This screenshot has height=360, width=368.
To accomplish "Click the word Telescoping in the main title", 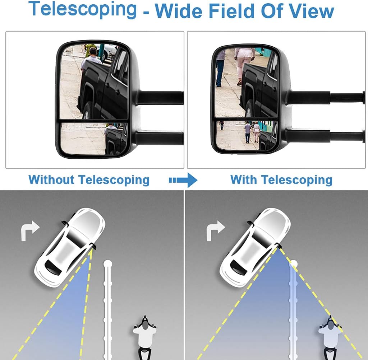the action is [83, 9].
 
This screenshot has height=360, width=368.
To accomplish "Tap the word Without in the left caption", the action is [51, 180].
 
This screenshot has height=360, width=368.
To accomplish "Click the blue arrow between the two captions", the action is [183, 180].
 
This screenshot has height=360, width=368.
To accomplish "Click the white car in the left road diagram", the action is [70, 247].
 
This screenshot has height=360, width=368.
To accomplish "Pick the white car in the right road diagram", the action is [255, 247].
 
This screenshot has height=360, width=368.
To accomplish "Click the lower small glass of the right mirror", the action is [247, 135].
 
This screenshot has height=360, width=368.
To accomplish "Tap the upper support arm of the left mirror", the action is [160, 97].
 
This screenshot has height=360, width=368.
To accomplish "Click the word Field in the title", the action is [231, 11].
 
